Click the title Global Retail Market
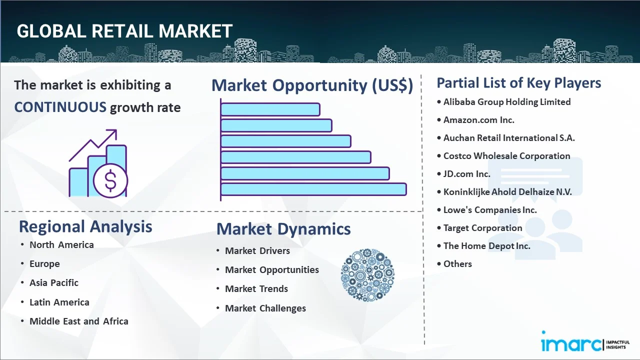pyautogui.click(x=124, y=31)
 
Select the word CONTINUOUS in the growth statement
pyautogui.click(x=60, y=107)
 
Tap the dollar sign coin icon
pyautogui.click(x=110, y=181)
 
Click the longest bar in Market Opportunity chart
pyautogui.click(x=313, y=189)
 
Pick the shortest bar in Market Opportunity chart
pyautogui.click(x=270, y=109)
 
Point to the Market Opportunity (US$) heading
pyautogui.click(x=312, y=85)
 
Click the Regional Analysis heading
pyautogui.click(x=85, y=226)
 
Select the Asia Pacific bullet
pyautogui.click(x=54, y=283)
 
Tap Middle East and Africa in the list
pyautogui.click(x=79, y=321)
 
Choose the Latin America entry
pyautogui.click(x=59, y=302)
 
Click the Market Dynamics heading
pyautogui.click(x=283, y=229)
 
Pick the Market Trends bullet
pyautogui.click(x=256, y=289)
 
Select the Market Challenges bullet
pyautogui.click(x=265, y=308)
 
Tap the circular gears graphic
pyautogui.click(x=367, y=275)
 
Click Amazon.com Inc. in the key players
pyautogui.click(x=479, y=120)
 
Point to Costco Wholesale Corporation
pyautogui.click(x=507, y=156)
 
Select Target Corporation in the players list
pyautogui.click(x=483, y=228)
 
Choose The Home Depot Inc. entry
pyautogui.click(x=487, y=246)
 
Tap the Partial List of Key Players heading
pyautogui.click(x=519, y=83)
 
